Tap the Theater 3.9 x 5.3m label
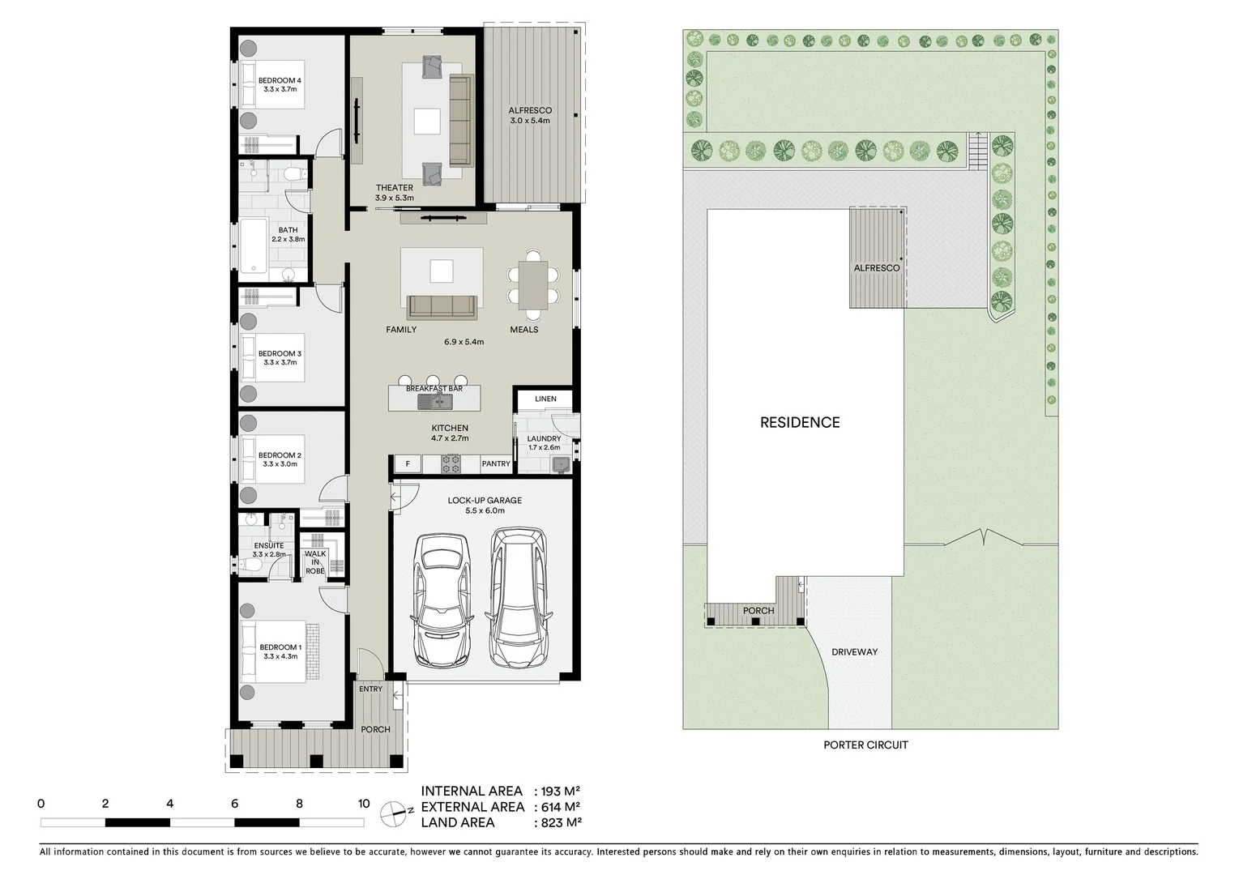point(395,193)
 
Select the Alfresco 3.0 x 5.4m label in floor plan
point(530,115)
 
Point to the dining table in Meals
point(533,284)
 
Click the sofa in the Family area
point(442,306)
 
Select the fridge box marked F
point(408,464)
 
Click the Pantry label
point(496,464)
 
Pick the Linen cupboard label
point(545,399)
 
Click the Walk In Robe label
point(315,562)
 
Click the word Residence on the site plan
point(800,422)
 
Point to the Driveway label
point(854,651)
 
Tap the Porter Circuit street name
point(865,745)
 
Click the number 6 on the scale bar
point(234,804)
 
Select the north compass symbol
point(393,814)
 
